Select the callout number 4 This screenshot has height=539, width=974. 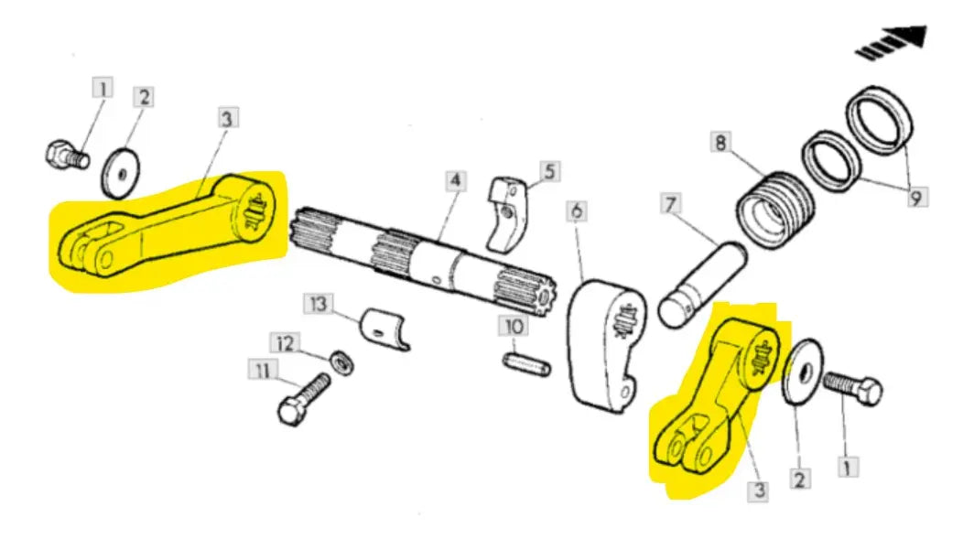[x=455, y=181]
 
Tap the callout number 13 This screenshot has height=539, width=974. [x=318, y=304]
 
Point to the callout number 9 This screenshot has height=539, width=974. [x=915, y=198]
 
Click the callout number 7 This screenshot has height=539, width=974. [x=670, y=204]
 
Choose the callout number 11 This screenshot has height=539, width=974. [x=264, y=371]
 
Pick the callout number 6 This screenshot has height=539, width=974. [x=577, y=211]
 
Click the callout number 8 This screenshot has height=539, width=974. [x=720, y=143]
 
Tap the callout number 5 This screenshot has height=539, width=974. [x=550, y=171]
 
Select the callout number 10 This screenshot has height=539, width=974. [x=514, y=326]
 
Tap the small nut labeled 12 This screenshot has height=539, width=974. [x=341, y=363]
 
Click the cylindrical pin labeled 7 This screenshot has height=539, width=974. [x=702, y=285]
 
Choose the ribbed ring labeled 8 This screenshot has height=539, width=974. [x=774, y=209]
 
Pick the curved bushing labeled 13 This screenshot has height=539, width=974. [x=385, y=329]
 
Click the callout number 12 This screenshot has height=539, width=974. [x=285, y=343]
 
